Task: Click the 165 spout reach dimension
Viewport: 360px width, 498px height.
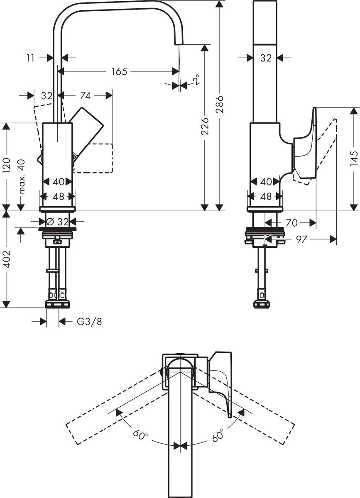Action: [119, 71]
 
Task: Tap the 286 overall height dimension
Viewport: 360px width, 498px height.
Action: [220, 105]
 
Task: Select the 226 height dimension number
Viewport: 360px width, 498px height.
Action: [204, 126]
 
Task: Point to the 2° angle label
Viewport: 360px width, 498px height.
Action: [196, 80]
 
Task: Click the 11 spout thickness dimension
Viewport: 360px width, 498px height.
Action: [30, 58]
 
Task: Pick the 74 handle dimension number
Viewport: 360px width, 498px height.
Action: [85, 95]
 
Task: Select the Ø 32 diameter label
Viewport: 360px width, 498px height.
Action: [58, 222]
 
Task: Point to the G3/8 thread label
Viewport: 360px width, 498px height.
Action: [89, 322]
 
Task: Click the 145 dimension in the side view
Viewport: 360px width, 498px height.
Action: [353, 159]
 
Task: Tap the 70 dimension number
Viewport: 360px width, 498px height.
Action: [291, 223]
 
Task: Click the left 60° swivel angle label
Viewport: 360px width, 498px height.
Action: [141, 435]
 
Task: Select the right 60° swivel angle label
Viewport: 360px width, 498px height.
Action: [218, 435]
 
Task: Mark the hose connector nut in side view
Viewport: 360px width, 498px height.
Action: [261, 304]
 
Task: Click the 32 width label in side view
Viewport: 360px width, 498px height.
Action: [266, 58]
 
